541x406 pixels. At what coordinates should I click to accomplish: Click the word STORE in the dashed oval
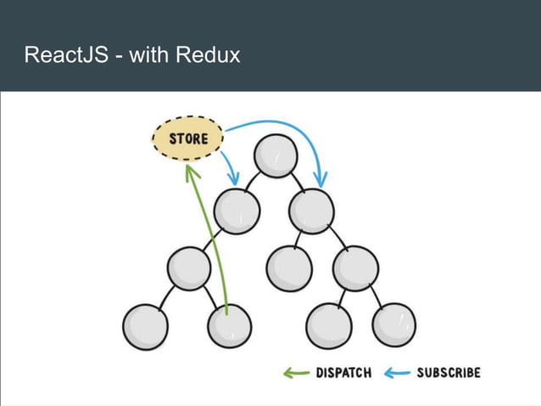pos(189,138)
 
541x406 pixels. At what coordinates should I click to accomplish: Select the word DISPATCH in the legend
pos(343,373)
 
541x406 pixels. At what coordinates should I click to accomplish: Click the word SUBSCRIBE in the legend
pos(449,373)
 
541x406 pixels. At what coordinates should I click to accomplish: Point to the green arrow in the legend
pos(296,373)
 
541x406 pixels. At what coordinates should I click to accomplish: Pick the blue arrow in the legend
pos(398,373)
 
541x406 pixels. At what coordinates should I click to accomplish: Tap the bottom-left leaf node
pos(145,326)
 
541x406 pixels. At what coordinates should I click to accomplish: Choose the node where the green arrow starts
pos(229,325)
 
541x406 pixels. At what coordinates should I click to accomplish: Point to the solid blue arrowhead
pos(321,179)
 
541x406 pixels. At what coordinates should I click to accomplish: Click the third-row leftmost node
pos(188,269)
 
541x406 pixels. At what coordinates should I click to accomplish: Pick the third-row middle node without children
pos(288,269)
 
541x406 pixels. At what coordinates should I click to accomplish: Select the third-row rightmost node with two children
pos(354,269)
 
